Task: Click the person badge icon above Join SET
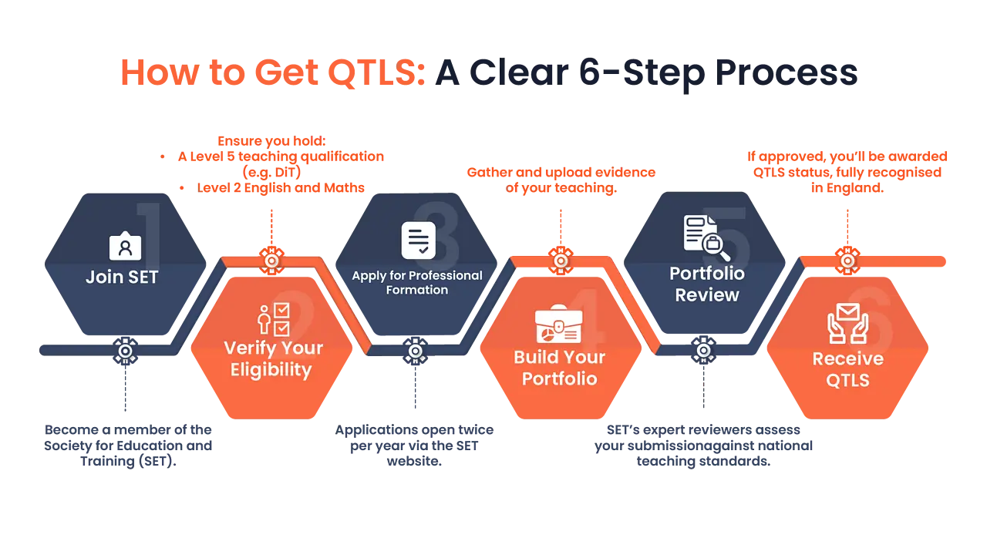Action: coord(125,246)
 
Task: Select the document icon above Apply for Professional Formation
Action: coord(419,240)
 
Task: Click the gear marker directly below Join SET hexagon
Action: coord(125,351)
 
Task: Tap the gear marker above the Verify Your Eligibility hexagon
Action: coord(271,261)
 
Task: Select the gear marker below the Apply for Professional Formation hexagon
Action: coord(416,351)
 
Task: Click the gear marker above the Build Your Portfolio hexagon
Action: coord(561,261)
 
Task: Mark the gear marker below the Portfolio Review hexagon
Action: coord(703,351)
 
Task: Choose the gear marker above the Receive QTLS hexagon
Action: coord(847,261)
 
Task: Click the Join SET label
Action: coord(122,277)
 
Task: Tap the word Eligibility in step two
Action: coord(271,370)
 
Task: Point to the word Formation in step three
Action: coord(417,290)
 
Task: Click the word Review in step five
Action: coord(707,294)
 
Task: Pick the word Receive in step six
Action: coord(848,359)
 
